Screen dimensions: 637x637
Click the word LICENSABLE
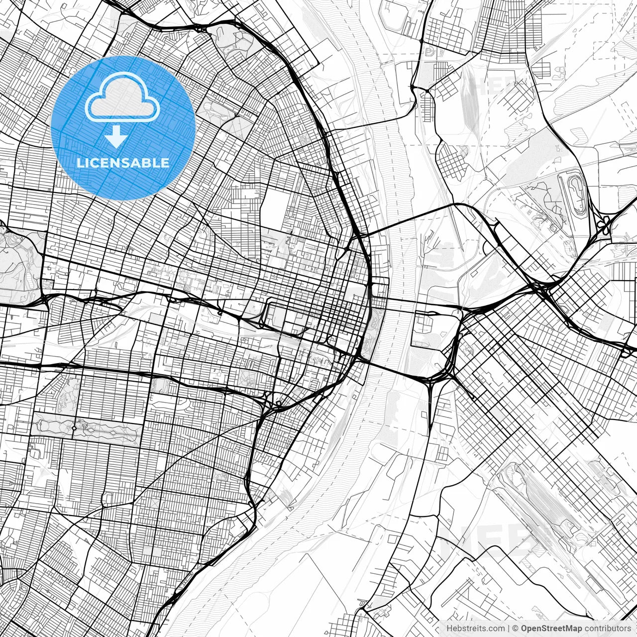[x=123, y=163]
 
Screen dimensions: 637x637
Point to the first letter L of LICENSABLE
[x=80, y=163]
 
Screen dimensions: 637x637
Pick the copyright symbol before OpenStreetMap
[x=516, y=628]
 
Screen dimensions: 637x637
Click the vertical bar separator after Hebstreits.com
[x=508, y=628]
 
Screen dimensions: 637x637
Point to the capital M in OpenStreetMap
[x=568, y=628]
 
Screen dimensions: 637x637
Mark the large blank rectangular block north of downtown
[x=273, y=208]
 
